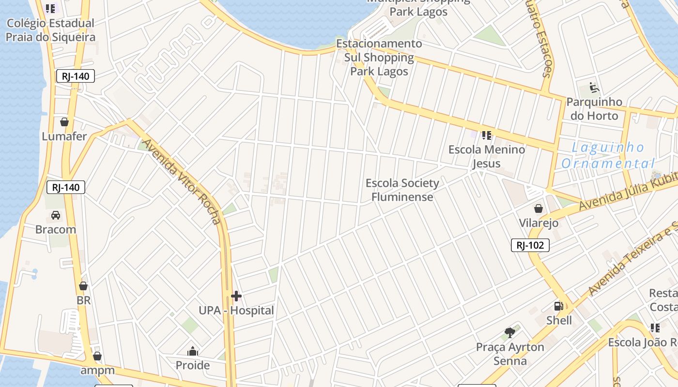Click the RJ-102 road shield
click(530, 245)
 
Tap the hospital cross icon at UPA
click(236, 296)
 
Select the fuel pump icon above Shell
click(558, 306)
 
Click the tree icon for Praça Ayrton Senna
click(509, 332)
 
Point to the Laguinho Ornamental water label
click(608, 155)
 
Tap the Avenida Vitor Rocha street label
click(182, 182)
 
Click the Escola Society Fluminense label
click(402, 190)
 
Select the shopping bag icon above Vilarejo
click(538, 208)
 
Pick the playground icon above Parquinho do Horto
click(594, 88)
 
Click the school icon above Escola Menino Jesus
click(486, 135)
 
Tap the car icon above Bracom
click(56, 215)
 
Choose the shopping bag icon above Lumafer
click(64, 122)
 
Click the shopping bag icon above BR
click(83, 286)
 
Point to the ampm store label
click(98, 371)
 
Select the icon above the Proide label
click(193, 351)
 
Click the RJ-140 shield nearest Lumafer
click(75, 76)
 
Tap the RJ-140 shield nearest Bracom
click(66, 187)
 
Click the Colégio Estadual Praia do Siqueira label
click(50, 30)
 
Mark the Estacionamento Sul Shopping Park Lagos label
click(379, 58)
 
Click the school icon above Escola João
click(655, 328)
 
